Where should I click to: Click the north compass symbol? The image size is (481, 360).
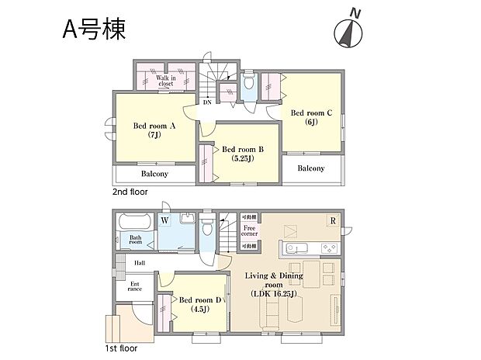(x=348, y=30)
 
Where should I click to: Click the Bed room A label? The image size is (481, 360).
(x=154, y=129)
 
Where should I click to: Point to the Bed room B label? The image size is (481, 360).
(x=244, y=153)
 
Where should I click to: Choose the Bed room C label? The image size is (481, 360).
(x=312, y=117)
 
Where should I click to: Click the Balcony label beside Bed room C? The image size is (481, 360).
(x=311, y=168)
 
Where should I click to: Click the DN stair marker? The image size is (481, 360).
(x=207, y=102)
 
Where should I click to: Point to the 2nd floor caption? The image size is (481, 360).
(x=130, y=191)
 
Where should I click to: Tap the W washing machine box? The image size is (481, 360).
(x=165, y=220)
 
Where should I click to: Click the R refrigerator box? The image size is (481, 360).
(x=333, y=220)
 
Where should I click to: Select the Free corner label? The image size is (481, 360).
(x=249, y=231)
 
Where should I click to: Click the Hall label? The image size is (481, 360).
(x=140, y=263)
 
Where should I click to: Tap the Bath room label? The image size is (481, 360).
(x=136, y=241)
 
